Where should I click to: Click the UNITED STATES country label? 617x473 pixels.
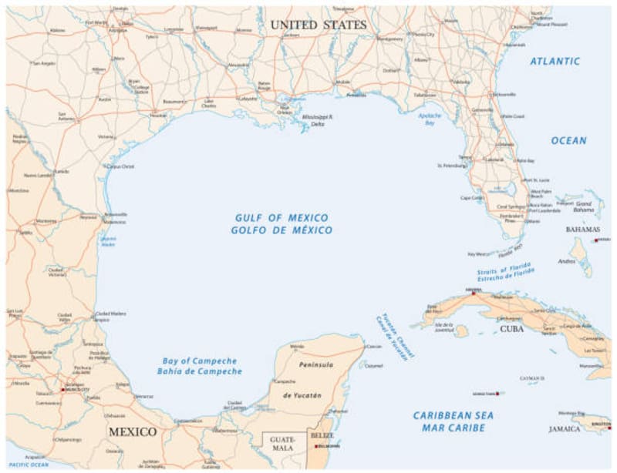318,25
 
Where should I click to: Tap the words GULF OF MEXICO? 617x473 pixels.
281,218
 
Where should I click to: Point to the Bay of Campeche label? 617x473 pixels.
200,361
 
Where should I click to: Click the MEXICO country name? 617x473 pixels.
132,431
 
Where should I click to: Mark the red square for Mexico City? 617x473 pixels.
62,390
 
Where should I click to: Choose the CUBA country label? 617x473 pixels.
512,329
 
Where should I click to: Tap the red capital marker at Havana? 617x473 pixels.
473,294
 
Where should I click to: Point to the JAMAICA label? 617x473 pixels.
565,429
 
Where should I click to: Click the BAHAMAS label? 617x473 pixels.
582,230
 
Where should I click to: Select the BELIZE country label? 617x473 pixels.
322,435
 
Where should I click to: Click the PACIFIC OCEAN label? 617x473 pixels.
29,465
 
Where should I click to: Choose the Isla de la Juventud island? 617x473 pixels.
461,330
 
